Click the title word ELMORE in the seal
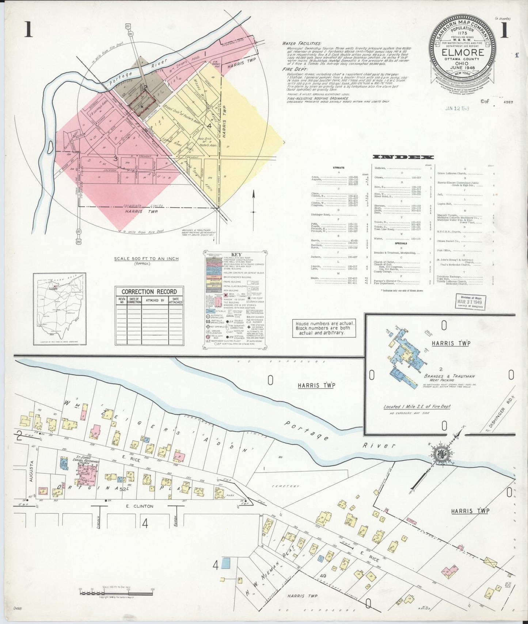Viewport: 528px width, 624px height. [x=463, y=52]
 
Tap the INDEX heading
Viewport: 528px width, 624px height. [x=403, y=157]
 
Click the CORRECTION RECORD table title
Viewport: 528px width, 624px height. [x=149, y=292]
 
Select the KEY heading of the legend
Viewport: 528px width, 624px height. [x=234, y=255]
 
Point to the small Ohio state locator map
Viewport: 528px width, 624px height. [x=60, y=309]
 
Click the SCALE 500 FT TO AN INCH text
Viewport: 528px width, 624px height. [x=146, y=259]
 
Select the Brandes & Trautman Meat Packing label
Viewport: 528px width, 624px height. [x=449, y=378]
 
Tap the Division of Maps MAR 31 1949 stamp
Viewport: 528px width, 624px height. [x=470, y=302]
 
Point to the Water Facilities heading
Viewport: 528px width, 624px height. [x=301, y=43]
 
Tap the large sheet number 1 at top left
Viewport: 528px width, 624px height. [x=28, y=30]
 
